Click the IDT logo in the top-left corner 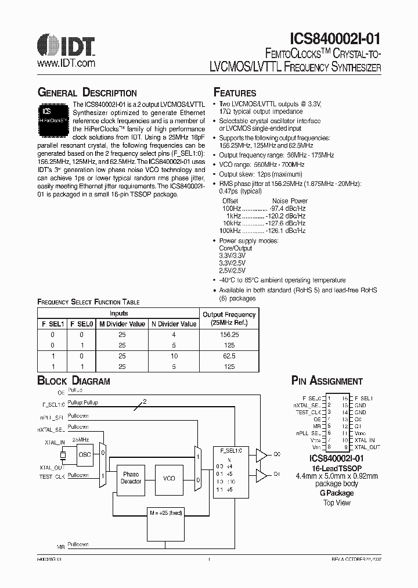point(66,44)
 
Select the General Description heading point(87,93)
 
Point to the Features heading point(235,93)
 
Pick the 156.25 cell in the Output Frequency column point(229,335)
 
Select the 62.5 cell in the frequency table point(229,356)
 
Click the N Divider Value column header point(174,324)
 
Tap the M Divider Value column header point(122,324)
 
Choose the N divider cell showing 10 point(174,356)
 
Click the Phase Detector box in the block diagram point(131,478)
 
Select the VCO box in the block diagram point(169,478)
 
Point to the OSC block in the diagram point(85,455)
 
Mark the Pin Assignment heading point(327,381)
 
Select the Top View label point(337,503)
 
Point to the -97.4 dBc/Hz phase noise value point(289,208)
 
